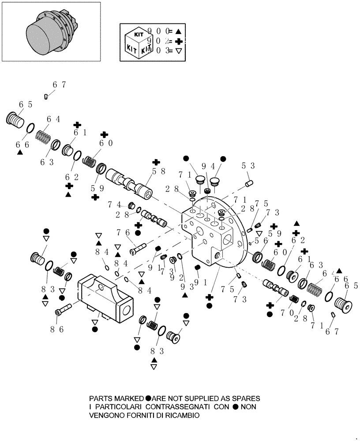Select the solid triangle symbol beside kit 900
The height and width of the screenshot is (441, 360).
click(x=178, y=31)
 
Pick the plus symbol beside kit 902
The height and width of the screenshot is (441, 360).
click(x=178, y=41)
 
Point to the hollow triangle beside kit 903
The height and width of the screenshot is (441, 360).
click(x=178, y=51)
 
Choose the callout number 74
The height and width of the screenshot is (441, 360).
click(x=112, y=205)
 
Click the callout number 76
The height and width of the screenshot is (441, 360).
click(x=121, y=232)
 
